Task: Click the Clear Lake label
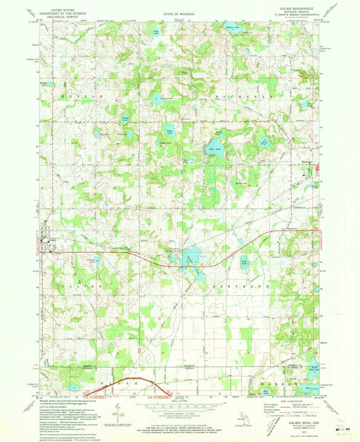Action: pos(215,149)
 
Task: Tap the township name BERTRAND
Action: pos(242,287)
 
